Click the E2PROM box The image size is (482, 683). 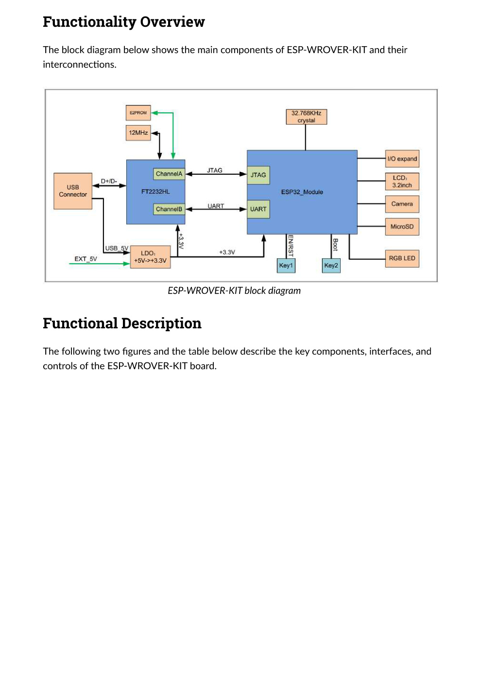(x=138, y=113)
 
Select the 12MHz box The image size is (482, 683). (x=138, y=133)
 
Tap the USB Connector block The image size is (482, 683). (x=73, y=191)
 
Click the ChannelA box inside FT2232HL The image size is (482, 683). (x=169, y=174)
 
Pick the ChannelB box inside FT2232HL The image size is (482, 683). (x=169, y=209)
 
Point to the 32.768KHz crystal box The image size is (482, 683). (x=306, y=117)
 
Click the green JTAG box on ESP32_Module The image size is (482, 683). (x=258, y=175)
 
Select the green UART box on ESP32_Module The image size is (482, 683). (x=258, y=209)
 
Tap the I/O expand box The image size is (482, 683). (x=402, y=159)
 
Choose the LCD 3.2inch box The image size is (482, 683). (x=402, y=181)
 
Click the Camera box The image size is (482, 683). (x=402, y=204)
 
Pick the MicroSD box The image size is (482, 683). (x=402, y=227)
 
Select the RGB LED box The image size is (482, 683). (x=402, y=258)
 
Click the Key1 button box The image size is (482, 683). (x=286, y=266)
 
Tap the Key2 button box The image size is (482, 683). (x=331, y=266)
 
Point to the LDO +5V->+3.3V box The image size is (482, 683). (x=150, y=257)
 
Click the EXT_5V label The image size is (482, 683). (x=86, y=259)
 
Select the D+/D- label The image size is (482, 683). (x=109, y=181)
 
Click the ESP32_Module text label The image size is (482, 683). (x=302, y=192)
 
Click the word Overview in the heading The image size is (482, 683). (x=172, y=22)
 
